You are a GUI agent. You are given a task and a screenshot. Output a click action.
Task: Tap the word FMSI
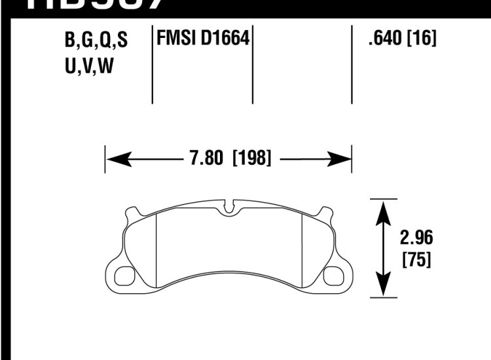(x=173, y=39)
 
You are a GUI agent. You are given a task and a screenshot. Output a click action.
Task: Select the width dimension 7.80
(x=204, y=158)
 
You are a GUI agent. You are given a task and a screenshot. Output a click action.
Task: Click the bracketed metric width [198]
(x=252, y=158)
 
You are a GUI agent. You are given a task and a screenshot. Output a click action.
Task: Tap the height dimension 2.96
(x=416, y=237)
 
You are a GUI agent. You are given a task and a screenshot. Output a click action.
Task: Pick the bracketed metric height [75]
(x=416, y=260)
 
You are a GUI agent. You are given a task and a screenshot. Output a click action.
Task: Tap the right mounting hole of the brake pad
(x=336, y=275)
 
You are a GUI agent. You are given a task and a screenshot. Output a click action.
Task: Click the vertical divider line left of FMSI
(x=152, y=65)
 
